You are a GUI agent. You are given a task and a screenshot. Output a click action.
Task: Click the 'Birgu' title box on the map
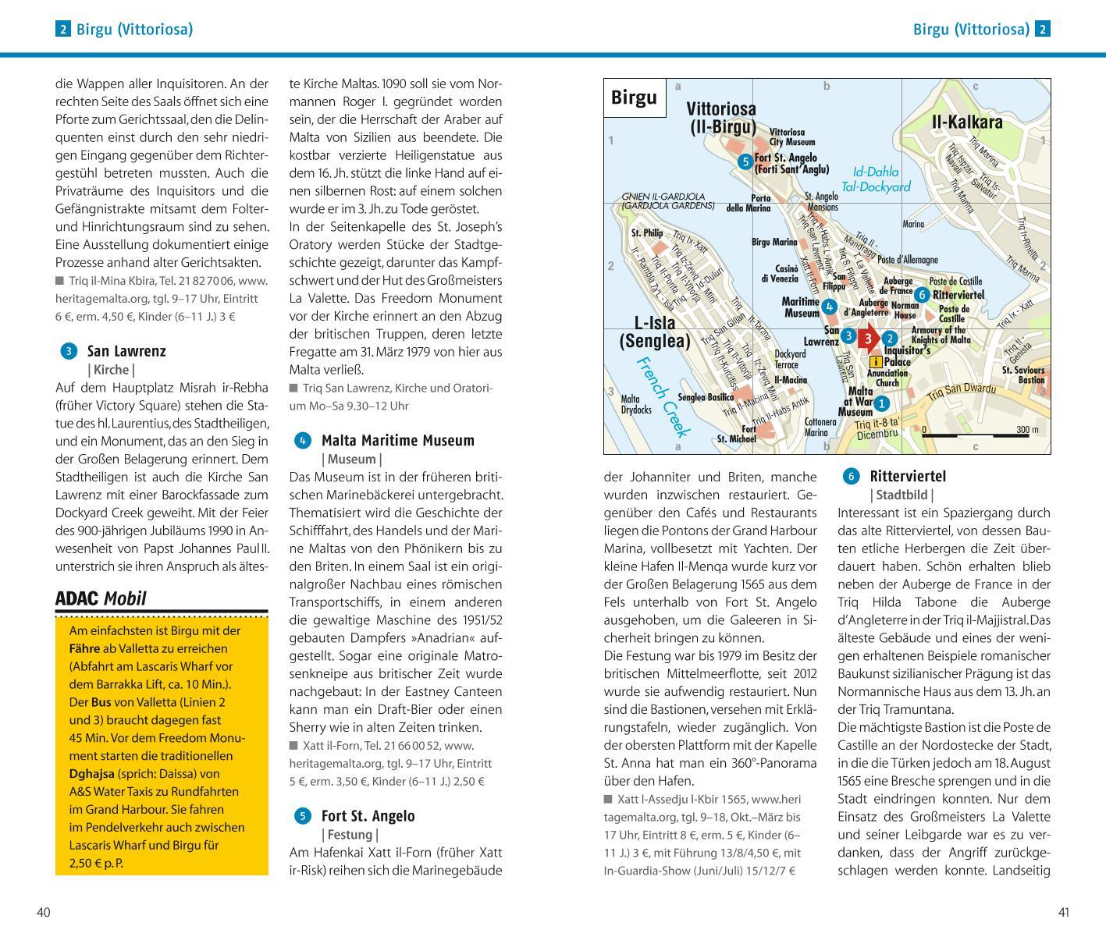pyautogui.click(x=634, y=98)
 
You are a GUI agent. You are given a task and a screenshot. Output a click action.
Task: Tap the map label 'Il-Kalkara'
pyautogui.click(x=967, y=122)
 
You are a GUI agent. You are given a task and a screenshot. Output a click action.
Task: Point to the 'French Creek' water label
pyautogui.click(x=663, y=396)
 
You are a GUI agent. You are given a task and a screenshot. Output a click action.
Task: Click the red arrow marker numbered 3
pyautogui.click(x=868, y=339)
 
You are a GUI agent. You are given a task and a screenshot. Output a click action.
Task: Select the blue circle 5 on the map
pyautogui.click(x=745, y=162)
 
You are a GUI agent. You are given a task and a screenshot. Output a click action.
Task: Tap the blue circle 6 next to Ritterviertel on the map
pyautogui.click(x=922, y=294)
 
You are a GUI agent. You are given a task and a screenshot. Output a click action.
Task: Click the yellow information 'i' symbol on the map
pyautogui.click(x=876, y=362)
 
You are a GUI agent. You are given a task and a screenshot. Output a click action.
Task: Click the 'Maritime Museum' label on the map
pyautogui.click(x=801, y=307)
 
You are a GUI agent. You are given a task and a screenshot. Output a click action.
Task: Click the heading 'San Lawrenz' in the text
pyautogui.click(x=126, y=351)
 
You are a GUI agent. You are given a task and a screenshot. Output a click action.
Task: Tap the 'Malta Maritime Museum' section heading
pyautogui.click(x=397, y=441)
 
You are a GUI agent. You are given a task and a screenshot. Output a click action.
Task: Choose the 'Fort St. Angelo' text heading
pyautogui.click(x=368, y=816)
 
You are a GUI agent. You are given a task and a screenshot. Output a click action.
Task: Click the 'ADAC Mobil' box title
pyautogui.click(x=101, y=599)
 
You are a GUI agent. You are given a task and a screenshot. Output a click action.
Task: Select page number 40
pyautogui.click(x=44, y=912)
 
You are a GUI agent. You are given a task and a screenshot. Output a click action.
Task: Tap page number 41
pyautogui.click(x=1063, y=912)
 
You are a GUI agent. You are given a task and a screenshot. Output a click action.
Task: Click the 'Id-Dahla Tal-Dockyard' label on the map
pyautogui.click(x=881, y=179)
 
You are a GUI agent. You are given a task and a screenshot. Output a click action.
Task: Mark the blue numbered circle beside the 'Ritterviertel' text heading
pyautogui.click(x=850, y=476)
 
